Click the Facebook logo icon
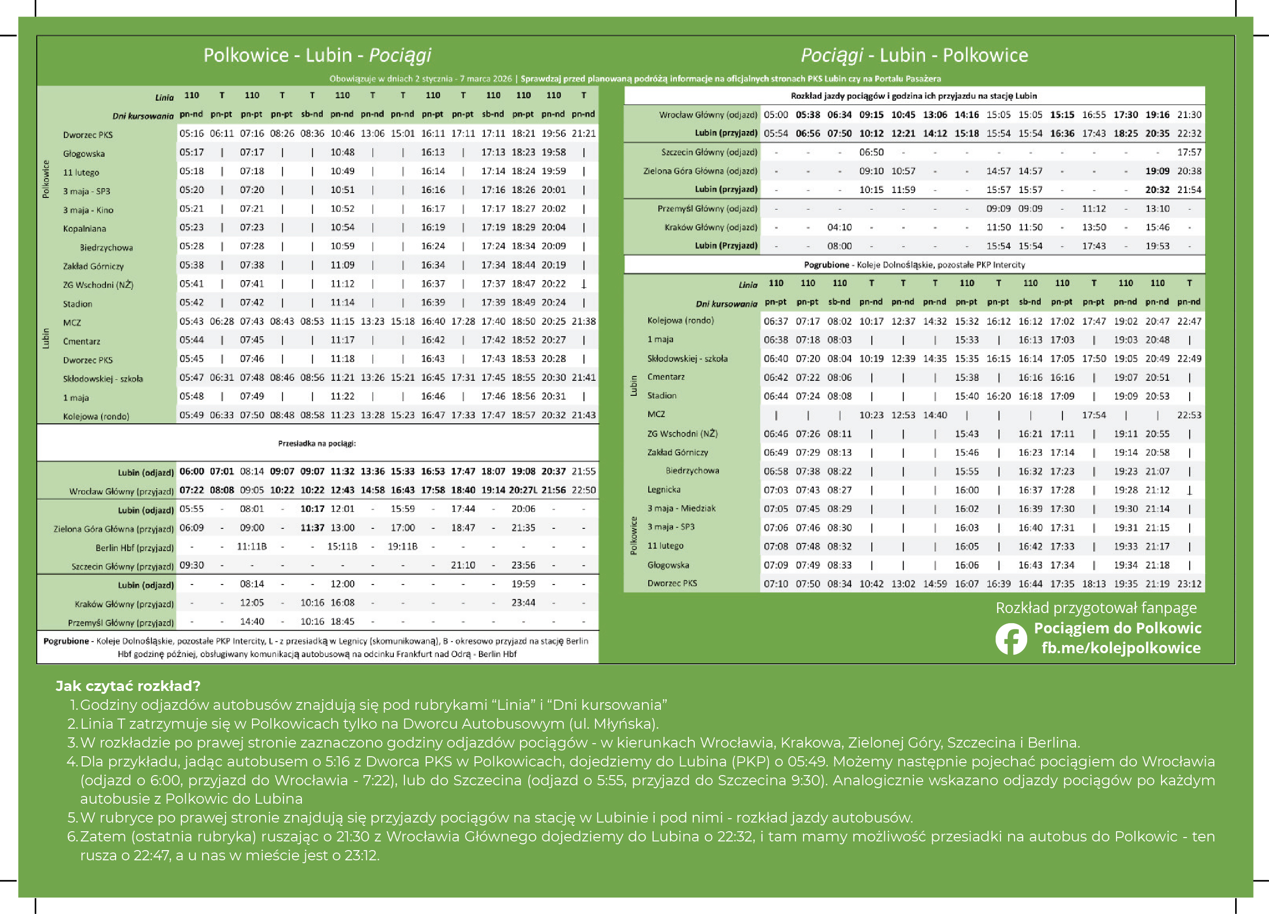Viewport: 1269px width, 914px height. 1011,639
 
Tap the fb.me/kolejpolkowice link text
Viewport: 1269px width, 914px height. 1121,647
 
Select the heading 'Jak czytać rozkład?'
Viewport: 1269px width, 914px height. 128,686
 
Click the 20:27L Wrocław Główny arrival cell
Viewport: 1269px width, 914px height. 523,490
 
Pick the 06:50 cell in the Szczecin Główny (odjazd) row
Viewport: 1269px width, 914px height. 871,152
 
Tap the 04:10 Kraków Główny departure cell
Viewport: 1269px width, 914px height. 839,227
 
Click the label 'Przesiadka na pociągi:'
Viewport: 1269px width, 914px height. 317,443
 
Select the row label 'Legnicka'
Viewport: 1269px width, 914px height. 664,490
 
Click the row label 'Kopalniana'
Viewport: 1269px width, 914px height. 85,228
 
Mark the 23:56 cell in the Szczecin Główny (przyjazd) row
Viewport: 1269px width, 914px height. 523,565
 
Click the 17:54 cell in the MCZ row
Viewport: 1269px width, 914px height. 1093,415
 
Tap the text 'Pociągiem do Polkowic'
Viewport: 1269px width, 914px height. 1118,628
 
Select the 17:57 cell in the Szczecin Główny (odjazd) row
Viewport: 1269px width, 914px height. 1189,152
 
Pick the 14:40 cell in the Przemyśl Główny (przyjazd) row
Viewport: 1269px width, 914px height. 252,621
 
